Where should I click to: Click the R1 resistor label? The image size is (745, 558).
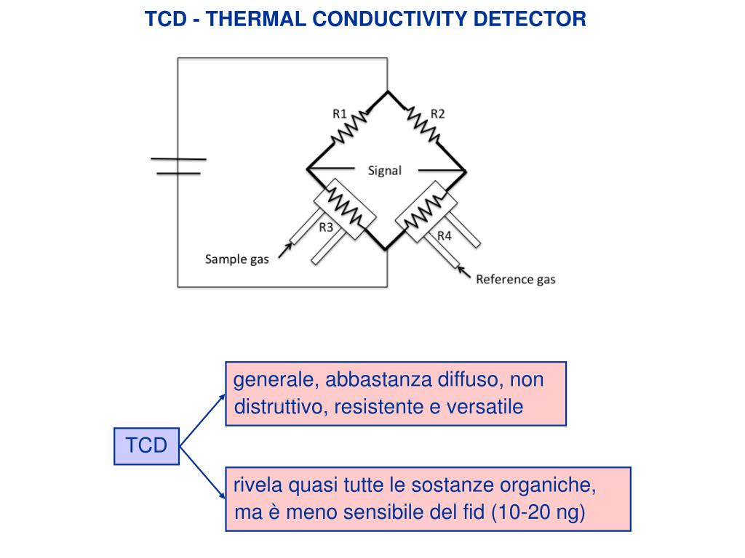coord(340,113)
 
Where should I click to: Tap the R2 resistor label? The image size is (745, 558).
coord(437,113)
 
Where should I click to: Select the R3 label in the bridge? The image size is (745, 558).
coord(326,227)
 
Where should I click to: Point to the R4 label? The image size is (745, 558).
coord(444,235)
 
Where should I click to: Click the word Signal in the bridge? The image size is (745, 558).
coord(384,171)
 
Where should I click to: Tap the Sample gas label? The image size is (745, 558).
coord(236,259)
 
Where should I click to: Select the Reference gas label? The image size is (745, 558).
coord(515,279)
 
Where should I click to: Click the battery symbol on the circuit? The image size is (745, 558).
coord(178,166)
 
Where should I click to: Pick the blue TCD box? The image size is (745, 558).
coord(146,445)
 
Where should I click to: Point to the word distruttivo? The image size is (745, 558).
coord(279,407)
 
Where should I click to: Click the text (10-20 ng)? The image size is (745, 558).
coord(538,512)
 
